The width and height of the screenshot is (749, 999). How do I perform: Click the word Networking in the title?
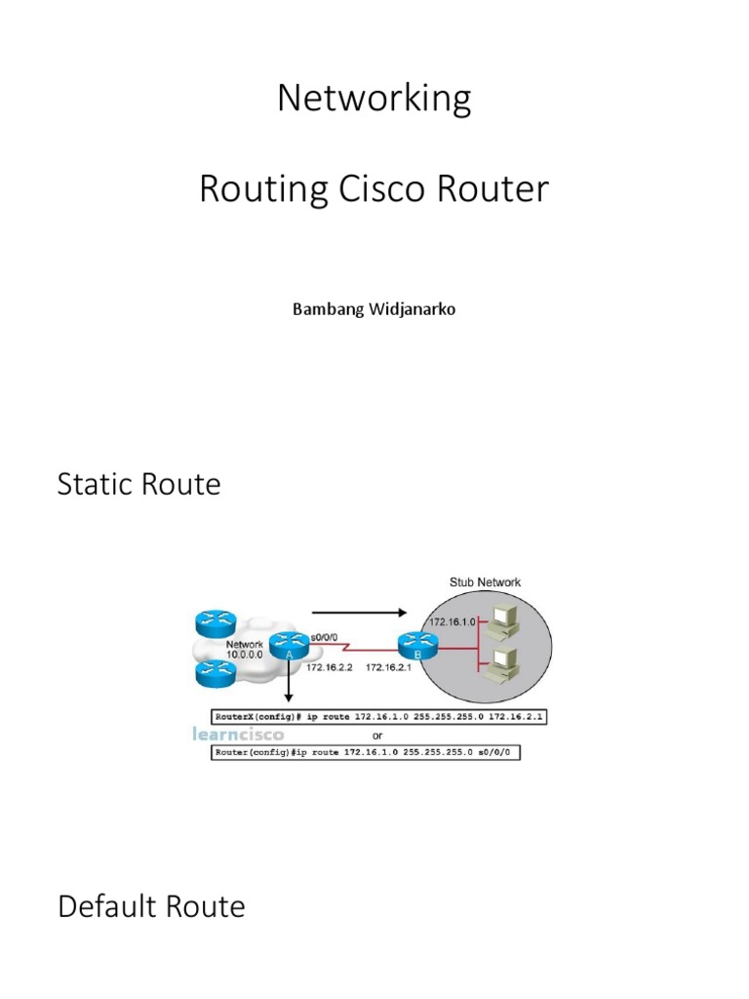[x=374, y=100]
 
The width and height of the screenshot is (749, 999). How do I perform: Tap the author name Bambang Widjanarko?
[x=374, y=309]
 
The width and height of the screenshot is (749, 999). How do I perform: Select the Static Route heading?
[x=139, y=484]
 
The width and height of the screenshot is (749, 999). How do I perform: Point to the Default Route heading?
[x=151, y=906]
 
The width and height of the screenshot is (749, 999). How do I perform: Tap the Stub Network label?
[x=485, y=582]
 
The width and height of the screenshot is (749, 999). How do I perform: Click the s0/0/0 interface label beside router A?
[x=323, y=637]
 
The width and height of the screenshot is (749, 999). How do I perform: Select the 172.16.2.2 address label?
[x=329, y=668]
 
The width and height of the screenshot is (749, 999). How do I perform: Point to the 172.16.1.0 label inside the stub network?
[x=452, y=620]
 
